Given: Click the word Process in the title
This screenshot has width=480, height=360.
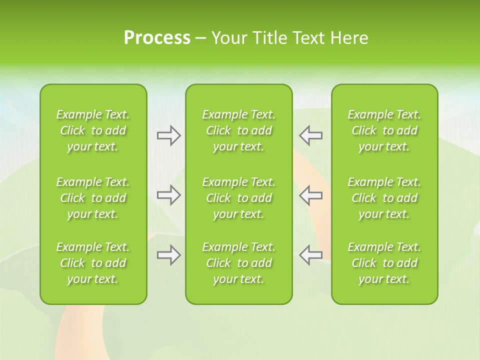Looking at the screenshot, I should pos(157,38).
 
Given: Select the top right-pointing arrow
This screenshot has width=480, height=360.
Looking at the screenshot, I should pos(168,135).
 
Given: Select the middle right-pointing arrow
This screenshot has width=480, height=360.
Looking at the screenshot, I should pos(168,195).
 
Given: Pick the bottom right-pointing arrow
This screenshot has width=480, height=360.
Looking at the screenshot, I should pos(168,255).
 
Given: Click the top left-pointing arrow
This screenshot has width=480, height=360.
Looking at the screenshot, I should pos(311,135).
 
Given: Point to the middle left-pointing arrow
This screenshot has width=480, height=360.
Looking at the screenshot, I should pos(311,195).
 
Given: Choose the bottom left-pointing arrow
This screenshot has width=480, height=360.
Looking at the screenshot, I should pos(311,255).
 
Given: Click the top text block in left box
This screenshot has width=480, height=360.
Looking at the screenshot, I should pos(93,130).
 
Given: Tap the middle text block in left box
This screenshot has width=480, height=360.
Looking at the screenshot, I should pos(93,198).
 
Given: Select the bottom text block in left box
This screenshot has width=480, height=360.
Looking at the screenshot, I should pos(93,263).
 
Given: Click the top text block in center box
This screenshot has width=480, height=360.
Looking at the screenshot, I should pos(239,130).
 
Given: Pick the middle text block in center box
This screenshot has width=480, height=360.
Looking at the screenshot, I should pos(239,198).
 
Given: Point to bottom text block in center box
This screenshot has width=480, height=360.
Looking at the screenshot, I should pos(239,263).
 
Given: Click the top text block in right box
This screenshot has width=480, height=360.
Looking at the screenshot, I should pos(384,130).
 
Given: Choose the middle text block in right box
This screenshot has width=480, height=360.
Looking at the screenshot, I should pos(384,198).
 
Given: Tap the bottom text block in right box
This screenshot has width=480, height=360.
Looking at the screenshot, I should pos(384,263).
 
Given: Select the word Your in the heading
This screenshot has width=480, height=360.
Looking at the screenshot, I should pos(228,38).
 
